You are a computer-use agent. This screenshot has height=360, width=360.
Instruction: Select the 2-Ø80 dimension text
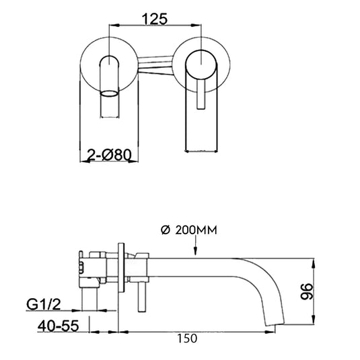(109, 155)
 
